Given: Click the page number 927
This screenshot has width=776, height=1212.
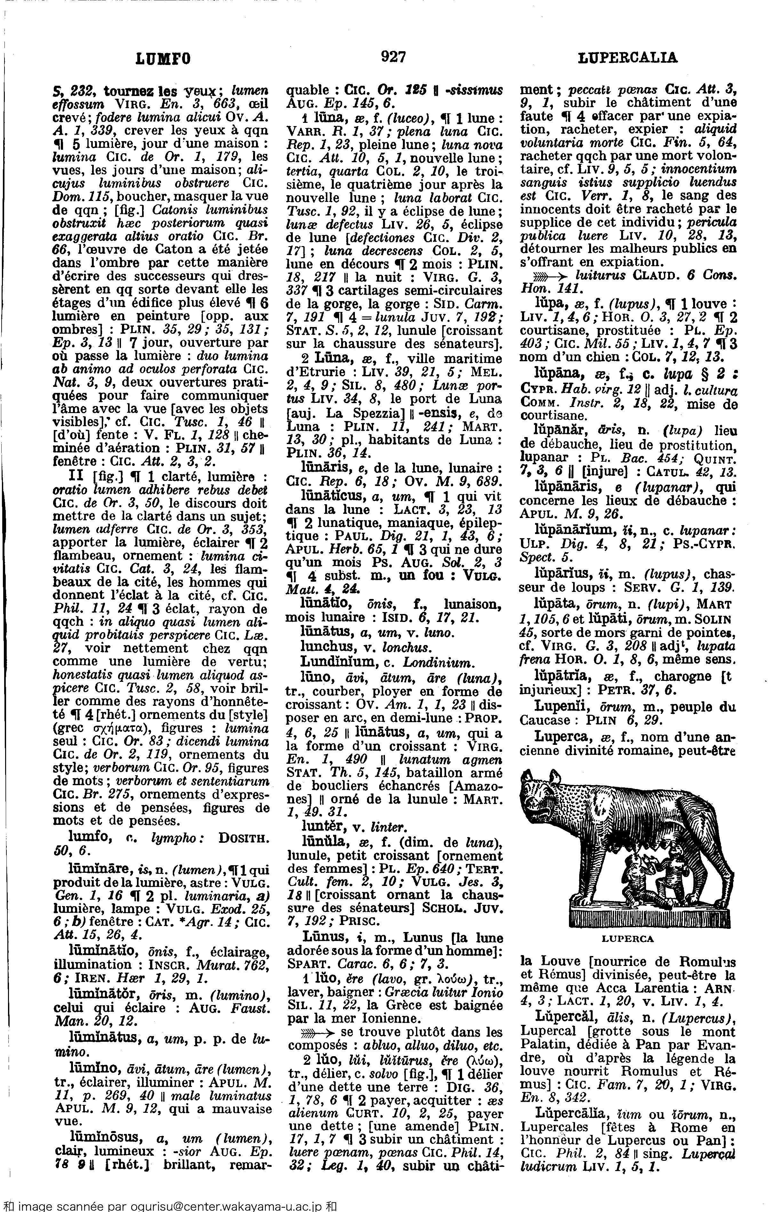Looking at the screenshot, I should click(x=394, y=58).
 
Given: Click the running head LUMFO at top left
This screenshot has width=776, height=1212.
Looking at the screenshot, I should click(x=164, y=60).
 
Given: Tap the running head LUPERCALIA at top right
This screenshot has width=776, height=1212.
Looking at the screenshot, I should click(x=627, y=59).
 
